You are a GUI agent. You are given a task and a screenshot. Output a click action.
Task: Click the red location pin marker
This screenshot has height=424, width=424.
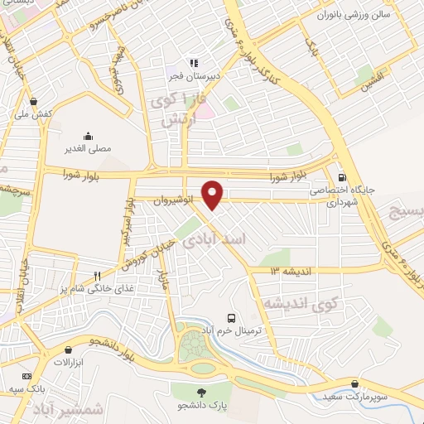click(213, 195)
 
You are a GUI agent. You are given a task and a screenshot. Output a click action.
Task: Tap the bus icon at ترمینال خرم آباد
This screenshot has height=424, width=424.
click(232, 318)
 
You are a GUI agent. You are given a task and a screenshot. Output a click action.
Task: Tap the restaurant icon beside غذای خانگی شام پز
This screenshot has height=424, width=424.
click(97, 276)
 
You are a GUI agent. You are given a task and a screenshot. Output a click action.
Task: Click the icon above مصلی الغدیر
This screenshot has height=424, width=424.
click(88, 136)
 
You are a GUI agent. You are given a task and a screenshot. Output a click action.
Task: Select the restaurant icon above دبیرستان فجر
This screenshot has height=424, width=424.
click(195, 60)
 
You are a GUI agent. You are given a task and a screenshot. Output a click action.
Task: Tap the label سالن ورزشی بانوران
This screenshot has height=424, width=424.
click(356, 15)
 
